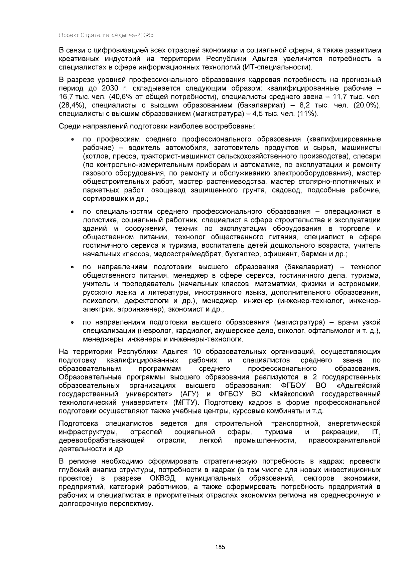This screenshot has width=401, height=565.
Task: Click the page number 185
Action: click(x=220, y=547)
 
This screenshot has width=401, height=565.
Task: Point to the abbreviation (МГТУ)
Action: click(x=186, y=402)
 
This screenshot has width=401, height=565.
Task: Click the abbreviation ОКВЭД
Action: click(x=163, y=478)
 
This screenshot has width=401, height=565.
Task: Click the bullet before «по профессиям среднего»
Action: click(x=72, y=140)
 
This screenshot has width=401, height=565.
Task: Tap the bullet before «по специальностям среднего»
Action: click(x=72, y=212)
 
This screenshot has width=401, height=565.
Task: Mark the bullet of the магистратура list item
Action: click(x=72, y=323)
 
